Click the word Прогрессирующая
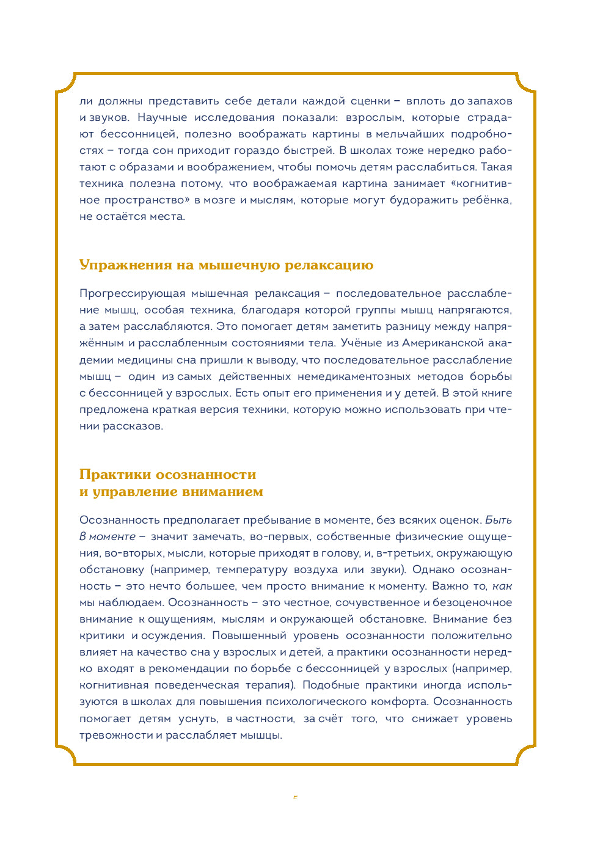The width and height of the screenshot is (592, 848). [x=132, y=294]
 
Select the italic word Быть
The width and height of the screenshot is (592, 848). [x=498, y=520]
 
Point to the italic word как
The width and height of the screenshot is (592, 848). [x=502, y=586]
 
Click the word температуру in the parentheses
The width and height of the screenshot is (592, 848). [x=251, y=569]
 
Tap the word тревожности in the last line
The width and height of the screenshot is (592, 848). [x=116, y=735]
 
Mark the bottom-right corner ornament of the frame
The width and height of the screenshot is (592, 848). [x=525, y=755]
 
